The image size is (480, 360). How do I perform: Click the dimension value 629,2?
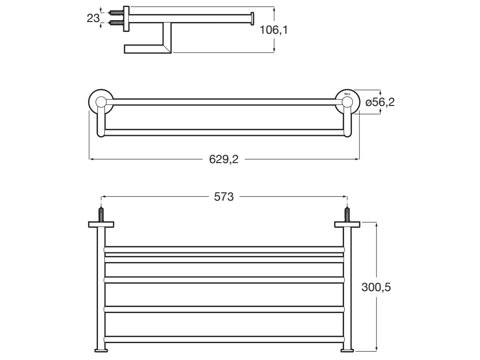224,159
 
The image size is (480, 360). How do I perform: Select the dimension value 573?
224,197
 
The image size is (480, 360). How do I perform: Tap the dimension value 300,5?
376,287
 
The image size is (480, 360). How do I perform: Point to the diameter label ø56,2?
380,102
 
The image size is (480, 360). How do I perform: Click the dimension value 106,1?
274,30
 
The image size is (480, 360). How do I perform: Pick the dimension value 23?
93,18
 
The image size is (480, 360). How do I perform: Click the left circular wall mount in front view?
101,102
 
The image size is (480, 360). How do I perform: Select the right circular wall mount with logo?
347,102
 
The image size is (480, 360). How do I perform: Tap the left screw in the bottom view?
101,215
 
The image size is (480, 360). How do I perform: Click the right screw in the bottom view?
347,215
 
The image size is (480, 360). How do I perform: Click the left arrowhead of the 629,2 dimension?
91,159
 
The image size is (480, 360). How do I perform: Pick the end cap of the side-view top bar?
252,18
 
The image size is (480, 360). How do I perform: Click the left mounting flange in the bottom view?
101,225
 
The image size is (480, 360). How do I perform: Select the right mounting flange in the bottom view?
347,225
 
